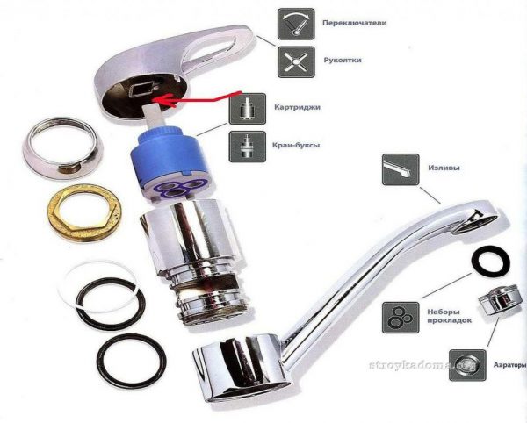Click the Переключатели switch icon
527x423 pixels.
(296, 25)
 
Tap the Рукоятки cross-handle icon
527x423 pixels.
(296, 62)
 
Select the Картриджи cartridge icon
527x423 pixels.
(248, 109)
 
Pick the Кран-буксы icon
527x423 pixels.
(248, 147)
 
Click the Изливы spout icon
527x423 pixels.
(401, 169)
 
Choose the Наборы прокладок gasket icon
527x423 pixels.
(401, 318)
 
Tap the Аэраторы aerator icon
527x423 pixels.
(467, 365)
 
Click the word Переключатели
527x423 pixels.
(355, 23)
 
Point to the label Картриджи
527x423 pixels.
(297, 107)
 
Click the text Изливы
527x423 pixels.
(444, 168)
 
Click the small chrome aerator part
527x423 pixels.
(498, 300)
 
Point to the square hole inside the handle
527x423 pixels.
(141, 89)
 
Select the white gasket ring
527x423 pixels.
(101, 287)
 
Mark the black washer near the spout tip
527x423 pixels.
(491, 261)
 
